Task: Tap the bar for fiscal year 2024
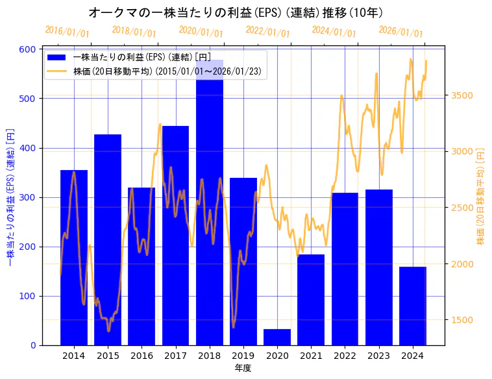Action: (413, 306)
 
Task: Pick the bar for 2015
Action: (108, 239)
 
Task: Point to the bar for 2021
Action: (311, 299)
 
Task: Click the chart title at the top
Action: (235, 12)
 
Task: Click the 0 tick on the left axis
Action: (33, 345)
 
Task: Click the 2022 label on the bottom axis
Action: (345, 356)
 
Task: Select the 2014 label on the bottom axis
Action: (74, 356)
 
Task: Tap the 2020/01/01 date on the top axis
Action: (201, 31)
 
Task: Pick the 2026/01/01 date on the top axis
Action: (400, 31)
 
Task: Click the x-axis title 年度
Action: (243, 368)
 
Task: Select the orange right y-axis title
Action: (480, 197)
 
